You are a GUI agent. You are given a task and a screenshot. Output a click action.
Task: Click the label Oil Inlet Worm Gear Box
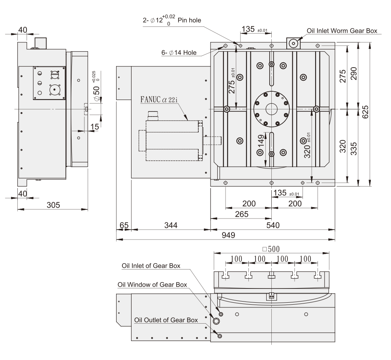pyautogui.click(x=342, y=30)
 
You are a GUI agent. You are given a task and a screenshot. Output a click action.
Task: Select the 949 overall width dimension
pyautogui.click(x=228, y=235)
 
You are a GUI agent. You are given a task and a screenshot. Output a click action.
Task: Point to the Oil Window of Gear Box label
pyautogui.click(x=152, y=285)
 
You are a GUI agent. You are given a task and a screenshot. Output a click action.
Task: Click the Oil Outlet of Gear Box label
pyautogui.click(x=166, y=320)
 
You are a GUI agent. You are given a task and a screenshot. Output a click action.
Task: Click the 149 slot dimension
pyautogui.click(x=261, y=141)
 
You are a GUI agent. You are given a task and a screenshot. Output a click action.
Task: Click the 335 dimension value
pyautogui.click(x=353, y=148)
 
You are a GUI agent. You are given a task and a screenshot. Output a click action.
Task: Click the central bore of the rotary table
pyautogui.click(x=271, y=109)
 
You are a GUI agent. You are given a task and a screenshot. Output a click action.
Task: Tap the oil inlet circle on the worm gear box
pyautogui.click(x=293, y=43)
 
